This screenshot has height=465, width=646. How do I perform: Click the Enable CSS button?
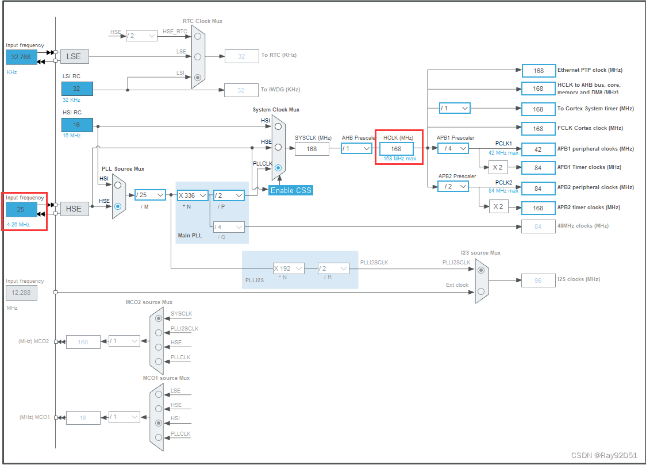291,190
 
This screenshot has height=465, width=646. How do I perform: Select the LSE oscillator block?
74,56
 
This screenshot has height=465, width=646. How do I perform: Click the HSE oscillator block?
74,209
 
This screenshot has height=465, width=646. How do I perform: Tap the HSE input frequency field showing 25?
21,209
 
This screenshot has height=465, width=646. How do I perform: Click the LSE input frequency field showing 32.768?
21,57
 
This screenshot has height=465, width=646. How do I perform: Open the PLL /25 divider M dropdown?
150,195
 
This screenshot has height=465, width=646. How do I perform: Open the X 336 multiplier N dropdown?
193,195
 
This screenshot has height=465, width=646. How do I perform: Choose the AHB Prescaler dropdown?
356,148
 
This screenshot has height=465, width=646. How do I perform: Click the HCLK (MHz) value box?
396,149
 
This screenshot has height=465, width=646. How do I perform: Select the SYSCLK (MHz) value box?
312,149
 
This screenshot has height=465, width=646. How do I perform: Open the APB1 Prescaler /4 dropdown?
453,148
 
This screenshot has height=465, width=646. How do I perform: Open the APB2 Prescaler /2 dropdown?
453,186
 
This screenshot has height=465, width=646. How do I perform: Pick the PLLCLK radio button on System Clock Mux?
278,168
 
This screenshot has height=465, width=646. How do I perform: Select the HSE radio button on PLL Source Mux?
118,206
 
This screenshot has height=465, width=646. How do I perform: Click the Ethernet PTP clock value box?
539,71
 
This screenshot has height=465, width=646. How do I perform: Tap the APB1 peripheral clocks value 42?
539,149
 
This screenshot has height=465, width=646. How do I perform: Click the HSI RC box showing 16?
77,125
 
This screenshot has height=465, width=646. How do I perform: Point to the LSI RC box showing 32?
77,89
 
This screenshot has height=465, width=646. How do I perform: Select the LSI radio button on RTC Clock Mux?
198,77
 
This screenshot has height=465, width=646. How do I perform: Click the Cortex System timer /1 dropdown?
455,108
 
